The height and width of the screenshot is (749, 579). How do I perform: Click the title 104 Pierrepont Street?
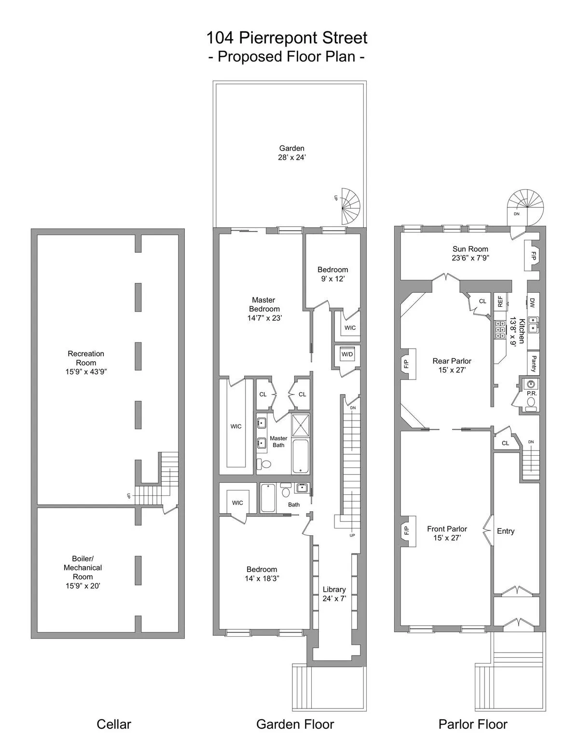287,38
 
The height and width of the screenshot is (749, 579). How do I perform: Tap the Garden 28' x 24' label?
291,153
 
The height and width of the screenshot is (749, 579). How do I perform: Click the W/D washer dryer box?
347,354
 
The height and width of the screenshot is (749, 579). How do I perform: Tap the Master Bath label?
278,442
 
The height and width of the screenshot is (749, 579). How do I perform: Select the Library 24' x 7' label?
334,594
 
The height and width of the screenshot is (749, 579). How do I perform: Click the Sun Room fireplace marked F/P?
533,256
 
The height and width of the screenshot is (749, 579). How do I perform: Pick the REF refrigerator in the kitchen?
500,302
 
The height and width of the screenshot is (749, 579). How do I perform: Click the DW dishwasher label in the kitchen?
533,303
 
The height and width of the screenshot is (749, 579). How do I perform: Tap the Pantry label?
533,363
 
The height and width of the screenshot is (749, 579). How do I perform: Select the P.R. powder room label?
532,393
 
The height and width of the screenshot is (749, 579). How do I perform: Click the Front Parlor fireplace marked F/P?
407,531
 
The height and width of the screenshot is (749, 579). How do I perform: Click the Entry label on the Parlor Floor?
506,531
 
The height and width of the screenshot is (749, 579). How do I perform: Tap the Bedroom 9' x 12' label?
332,274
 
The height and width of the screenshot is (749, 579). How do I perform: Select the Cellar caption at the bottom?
114,724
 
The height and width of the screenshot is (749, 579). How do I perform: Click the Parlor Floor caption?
473,724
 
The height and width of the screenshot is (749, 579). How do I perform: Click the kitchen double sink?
533,324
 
